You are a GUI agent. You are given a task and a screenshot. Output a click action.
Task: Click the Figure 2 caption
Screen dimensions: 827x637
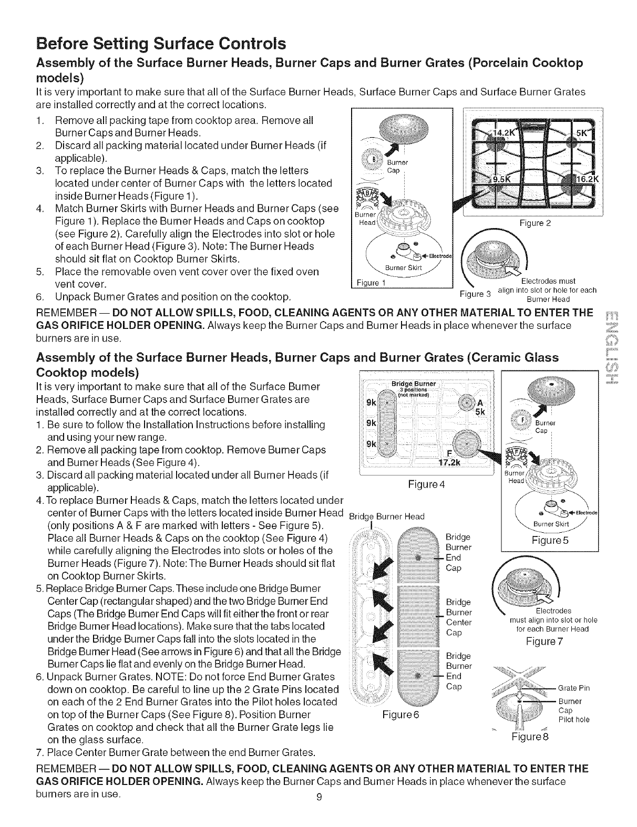pos(535,223)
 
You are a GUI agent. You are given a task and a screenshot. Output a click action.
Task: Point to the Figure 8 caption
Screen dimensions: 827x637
pos(531,737)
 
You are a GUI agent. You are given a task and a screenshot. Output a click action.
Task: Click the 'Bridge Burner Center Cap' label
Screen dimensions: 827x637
pos(458,617)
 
